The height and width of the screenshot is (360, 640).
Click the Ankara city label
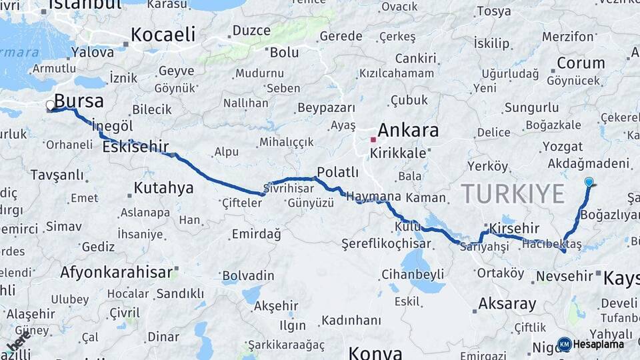[x=408, y=130]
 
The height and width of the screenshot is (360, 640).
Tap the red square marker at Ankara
[x=373, y=140]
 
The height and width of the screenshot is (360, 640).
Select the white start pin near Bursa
[x=50, y=105]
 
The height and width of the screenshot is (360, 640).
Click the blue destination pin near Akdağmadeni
[x=589, y=182]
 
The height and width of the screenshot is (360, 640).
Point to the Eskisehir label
[x=135, y=147]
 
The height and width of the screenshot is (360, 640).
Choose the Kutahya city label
[x=163, y=187]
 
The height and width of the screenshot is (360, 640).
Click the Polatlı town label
[x=337, y=173]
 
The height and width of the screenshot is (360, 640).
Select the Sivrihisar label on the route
[x=287, y=187]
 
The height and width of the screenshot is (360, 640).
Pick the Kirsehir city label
[x=514, y=229]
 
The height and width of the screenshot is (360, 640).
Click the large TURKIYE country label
[x=513, y=194]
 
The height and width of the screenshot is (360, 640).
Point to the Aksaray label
[x=507, y=304]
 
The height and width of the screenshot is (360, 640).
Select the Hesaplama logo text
[x=598, y=344]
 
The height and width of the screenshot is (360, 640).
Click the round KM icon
[x=565, y=344]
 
